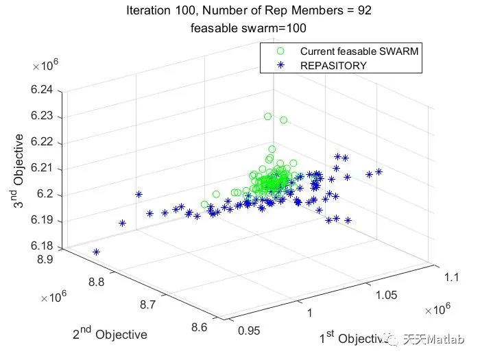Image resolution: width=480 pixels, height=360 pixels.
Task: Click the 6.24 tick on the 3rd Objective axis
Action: point(48,91)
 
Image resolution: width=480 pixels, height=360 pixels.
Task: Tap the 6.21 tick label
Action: point(48,169)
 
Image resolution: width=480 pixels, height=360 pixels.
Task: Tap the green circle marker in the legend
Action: point(279,51)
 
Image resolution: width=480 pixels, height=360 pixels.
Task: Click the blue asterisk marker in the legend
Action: point(279,66)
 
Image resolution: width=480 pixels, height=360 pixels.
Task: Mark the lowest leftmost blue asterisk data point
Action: point(96,252)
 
